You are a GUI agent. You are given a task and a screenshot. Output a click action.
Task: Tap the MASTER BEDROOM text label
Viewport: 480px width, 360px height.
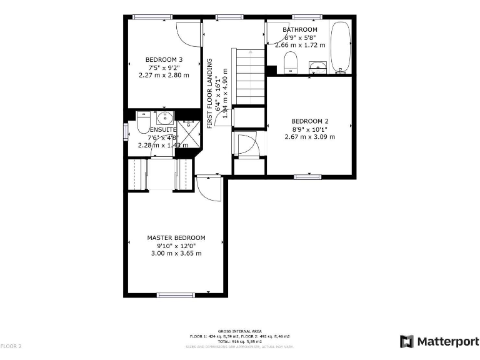click(x=176, y=237)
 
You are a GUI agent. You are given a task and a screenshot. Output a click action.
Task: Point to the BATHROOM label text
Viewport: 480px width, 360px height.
click(x=300, y=29)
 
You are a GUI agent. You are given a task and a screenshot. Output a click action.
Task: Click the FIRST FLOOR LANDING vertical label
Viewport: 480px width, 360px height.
click(x=210, y=93)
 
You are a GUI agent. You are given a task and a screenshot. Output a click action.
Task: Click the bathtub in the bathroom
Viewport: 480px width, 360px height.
click(x=340, y=47)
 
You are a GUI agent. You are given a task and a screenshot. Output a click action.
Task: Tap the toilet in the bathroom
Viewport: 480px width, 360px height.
click(x=290, y=63)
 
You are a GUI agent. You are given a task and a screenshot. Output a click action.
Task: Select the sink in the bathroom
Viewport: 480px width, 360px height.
click(x=319, y=66)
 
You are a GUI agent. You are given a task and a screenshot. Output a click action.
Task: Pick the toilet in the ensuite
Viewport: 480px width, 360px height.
click(x=142, y=119)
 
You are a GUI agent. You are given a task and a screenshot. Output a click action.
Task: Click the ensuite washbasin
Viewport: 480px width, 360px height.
click(x=166, y=117)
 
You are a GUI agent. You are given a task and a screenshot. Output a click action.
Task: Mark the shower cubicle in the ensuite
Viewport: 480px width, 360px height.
click(x=188, y=132)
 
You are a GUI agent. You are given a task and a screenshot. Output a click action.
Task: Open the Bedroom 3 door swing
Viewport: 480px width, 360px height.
click(x=187, y=34)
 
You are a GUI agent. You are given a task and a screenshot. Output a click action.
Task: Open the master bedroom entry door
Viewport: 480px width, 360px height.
click(x=209, y=187)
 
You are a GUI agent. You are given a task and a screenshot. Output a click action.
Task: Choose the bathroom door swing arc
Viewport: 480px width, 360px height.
click(x=275, y=34)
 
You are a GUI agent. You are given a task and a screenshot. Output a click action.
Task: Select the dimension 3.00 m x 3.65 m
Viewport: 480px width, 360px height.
click(x=176, y=253)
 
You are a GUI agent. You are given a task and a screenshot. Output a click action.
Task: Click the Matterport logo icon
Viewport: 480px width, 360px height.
click(x=406, y=341)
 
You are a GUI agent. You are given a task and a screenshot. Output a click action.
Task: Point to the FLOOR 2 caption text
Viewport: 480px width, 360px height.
click(x=11, y=346)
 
